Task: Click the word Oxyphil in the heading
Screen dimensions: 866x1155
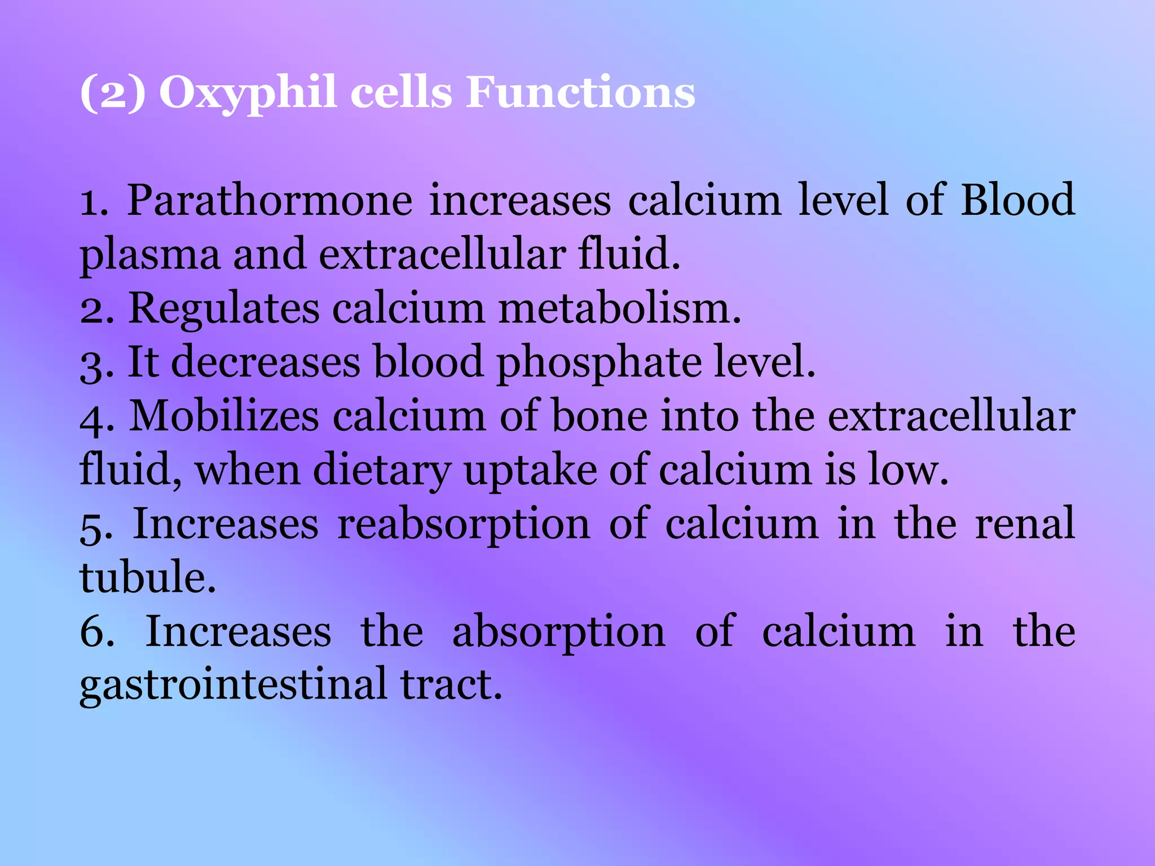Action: point(249,93)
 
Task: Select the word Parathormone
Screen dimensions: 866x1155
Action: point(270,201)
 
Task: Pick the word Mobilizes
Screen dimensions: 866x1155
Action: point(224,416)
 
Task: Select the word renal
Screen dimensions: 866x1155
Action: point(1025,524)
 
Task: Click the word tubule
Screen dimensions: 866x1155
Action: point(148,577)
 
